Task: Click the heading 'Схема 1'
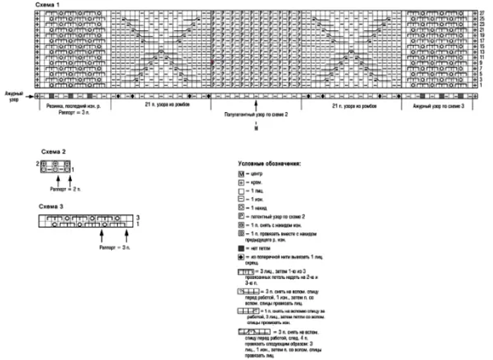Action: click(50, 5)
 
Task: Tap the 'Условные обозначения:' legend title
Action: click(270, 163)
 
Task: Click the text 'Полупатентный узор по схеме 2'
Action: click(256, 113)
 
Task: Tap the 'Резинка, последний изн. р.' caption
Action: click(73, 104)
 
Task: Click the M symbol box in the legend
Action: click(241, 173)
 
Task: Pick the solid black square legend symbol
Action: click(241, 249)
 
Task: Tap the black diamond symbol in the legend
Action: click(241, 259)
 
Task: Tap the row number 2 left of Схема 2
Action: click(37, 163)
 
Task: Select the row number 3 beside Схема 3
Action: click(138, 218)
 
